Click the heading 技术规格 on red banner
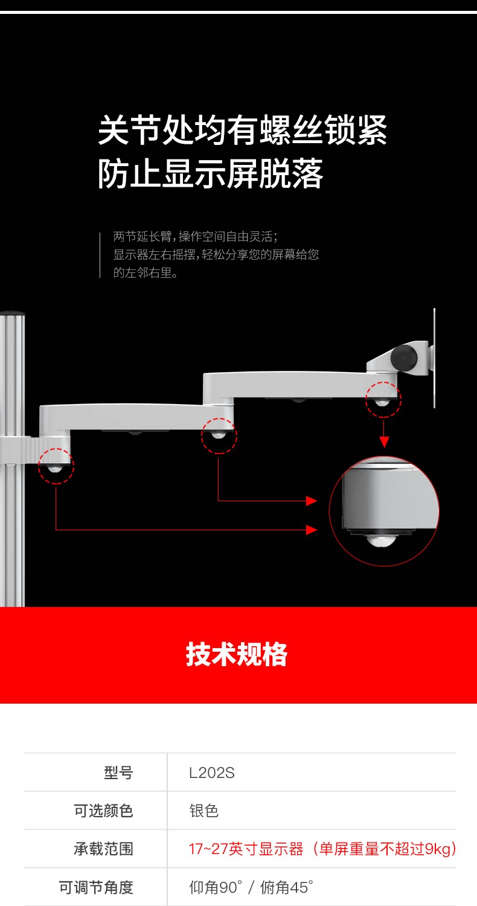coord(237,655)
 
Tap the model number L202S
coord(211,773)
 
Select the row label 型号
coord(118,773)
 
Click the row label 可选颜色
coord(103,811)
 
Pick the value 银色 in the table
coord(203,811)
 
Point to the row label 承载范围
coord(103,849)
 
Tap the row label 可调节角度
coord(96,887)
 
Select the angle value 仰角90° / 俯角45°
coord(251,887)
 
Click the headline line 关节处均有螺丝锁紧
coord(242,130)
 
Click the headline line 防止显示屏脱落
coord(211,174)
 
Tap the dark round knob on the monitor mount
coord(404,356)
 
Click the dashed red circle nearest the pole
coord(56,466)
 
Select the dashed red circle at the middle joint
coord(219,435)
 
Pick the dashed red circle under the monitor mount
coord(383,400)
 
